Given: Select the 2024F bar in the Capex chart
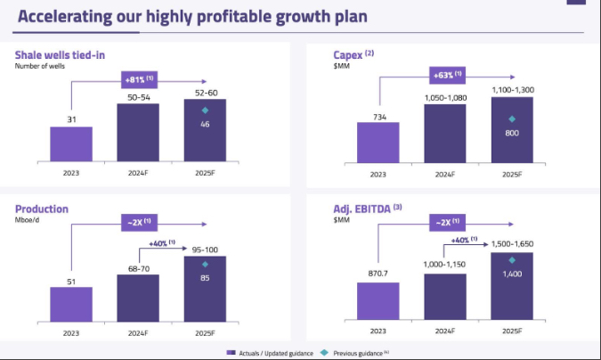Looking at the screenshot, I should pos(445,135).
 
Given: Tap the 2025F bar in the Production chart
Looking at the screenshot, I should pos(205,289).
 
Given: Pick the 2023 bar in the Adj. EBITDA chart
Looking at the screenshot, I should pos(378,300).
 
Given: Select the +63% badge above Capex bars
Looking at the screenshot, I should pos(446,74).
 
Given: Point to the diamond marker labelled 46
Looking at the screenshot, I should pos(205,110).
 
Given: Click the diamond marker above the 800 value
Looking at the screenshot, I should pos(511,119).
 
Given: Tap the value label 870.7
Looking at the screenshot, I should pos(378,273).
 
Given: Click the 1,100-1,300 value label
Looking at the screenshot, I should pos(511,89).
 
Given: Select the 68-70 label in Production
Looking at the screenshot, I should pos(138,266).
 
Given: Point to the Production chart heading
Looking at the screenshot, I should pos(41,209).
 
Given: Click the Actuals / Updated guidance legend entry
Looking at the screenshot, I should pos(275,354).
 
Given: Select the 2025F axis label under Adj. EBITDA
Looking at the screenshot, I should pos(511,332).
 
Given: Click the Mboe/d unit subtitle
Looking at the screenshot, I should pos(28,220).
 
